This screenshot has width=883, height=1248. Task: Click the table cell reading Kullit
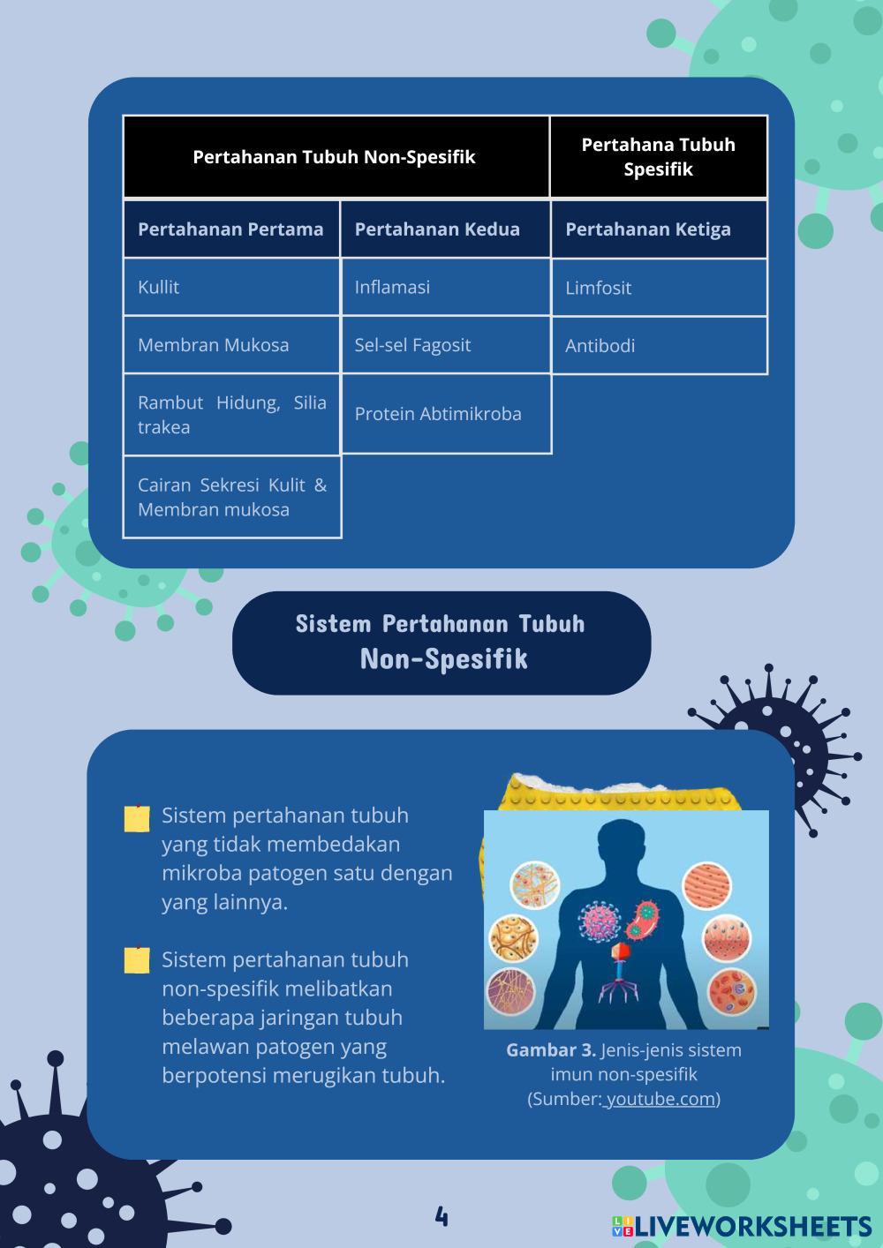[x=231, y=287]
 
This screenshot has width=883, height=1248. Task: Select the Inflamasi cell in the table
[x=446, y=287]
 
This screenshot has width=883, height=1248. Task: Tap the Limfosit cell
[x=660, y=288]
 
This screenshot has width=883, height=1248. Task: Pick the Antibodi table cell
[x=660, y=345]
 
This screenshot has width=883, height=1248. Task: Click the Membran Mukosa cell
[x=231, y=345]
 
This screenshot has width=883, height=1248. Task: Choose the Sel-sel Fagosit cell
[x=446, y=345]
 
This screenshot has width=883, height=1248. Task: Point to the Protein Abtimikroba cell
[x=446, y=414]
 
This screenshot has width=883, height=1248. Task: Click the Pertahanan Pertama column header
[x=231, y=229]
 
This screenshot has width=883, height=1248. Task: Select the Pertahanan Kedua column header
[x=446, y=229]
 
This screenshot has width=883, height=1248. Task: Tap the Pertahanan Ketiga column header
[x=660, y=229]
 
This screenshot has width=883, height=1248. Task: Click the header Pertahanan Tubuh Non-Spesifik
[x=336, y=156]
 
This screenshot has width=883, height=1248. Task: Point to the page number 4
[x=441, y=1217]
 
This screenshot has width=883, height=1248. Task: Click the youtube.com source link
[x=660, y=1099]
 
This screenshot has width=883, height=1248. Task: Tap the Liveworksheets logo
[x=742, y=1226]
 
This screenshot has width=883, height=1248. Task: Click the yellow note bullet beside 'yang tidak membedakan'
[x=137, y=819]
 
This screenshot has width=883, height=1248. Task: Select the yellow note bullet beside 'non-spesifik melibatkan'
[x=137, y=960]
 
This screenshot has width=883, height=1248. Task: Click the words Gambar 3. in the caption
[x=551, y=1050]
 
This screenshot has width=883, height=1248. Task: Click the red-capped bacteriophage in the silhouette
[x=620, y=974]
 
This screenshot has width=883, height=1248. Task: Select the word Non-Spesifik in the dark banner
[x=444, y=659]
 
